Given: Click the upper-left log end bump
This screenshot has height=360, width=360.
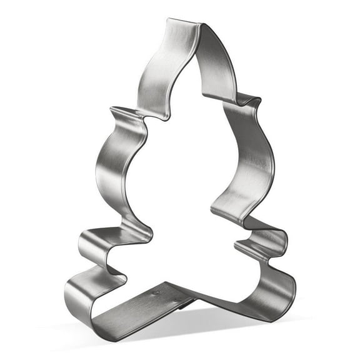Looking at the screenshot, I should pos(87,241).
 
